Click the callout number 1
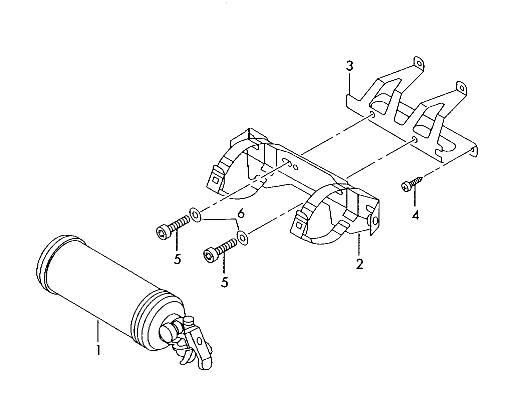[x=98, y=350]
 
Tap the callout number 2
[x=359, y=264]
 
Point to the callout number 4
[x=415, y=216]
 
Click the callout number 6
[x=241, y=214]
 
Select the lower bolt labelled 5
[x=220, y=250]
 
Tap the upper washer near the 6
[x=195, y=215]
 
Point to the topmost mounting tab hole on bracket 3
[x=419, y=64]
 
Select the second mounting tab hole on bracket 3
[x=462, y=88]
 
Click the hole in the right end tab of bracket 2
[x=375, y=221]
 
